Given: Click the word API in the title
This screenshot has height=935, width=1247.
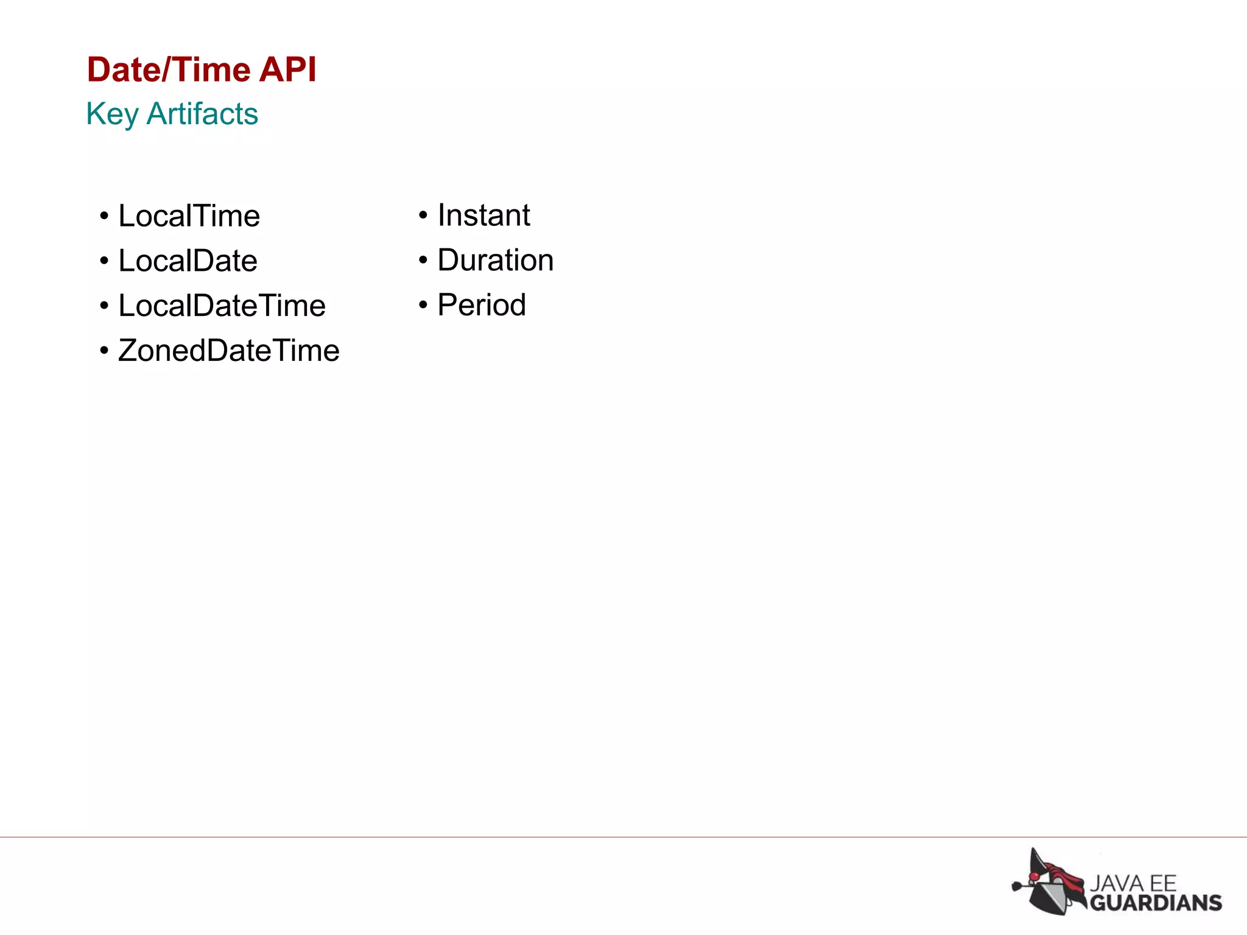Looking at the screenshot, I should tap(287, 69).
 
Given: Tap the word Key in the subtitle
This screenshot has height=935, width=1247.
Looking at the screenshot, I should tap(112, 114).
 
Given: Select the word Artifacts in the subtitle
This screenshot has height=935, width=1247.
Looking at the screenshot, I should tap(203, 114).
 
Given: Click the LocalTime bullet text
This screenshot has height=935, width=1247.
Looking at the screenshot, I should tap(189, 216).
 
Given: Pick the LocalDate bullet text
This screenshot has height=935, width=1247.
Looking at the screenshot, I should tap(188, 261).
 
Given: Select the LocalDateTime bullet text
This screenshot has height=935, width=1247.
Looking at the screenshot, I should tap(222, 306).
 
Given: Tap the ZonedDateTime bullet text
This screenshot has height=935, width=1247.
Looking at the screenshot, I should tap(228, 351).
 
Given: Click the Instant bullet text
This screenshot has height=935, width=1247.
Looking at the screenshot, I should tap(483, 215).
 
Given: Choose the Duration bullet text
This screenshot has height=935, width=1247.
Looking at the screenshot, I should tap(495, 261).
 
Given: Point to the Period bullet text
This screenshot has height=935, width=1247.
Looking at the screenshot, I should tap(481, 305).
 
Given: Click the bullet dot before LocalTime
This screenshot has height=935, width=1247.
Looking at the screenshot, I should tap(104, 217).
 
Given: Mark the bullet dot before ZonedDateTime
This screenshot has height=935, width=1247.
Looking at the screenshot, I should tap(104, 351).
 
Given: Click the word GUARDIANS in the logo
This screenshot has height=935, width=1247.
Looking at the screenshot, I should tap(1156, 903).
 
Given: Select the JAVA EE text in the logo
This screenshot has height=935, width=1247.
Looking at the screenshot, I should tap(1133, 883).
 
